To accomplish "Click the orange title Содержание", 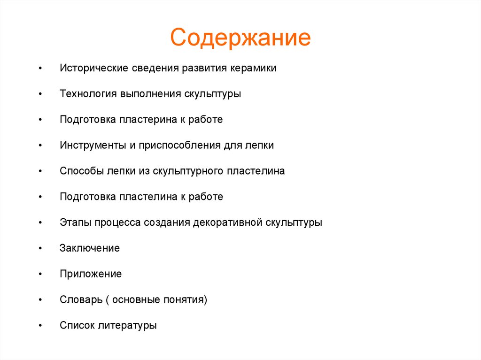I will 240,38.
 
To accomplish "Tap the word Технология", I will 88,94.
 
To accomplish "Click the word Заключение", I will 90,248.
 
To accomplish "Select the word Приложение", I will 91,274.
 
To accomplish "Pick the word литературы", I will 127,325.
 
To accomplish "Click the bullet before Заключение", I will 41,248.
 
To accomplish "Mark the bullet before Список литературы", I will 41,325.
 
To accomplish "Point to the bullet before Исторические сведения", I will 41,69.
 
